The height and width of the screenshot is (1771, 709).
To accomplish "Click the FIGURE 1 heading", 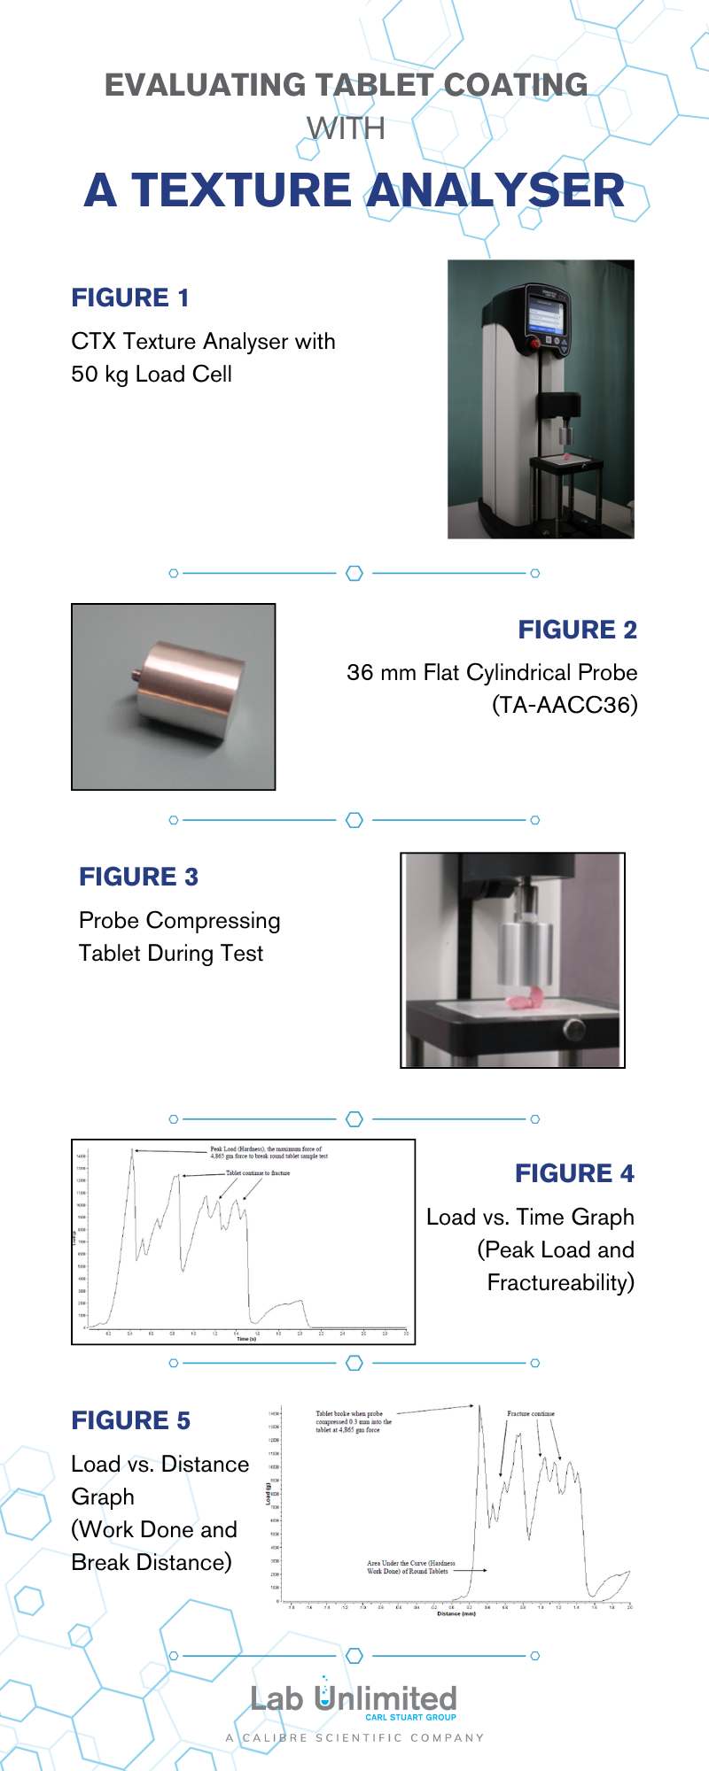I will coord(130,298).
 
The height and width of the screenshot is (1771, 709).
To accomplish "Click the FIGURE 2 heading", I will coord(577,630).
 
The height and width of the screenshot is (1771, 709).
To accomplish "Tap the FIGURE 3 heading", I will coord(138,877).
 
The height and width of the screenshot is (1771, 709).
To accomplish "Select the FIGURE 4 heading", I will coord(574,1173).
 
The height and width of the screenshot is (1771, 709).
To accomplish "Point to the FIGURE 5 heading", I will coord(130,1420).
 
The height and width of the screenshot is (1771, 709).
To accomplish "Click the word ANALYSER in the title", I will coord(496,190).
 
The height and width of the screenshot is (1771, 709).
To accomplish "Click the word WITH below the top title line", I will coord(346,129).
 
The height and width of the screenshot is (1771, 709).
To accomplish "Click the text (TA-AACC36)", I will coord(565,705).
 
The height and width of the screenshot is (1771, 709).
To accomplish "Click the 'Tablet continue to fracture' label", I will coord(258,1172).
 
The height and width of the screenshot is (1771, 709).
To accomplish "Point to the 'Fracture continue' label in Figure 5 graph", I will coord(531,1414).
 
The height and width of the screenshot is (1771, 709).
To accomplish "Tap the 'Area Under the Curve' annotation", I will coord(411,1566).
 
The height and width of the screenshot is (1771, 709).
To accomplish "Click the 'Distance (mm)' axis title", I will coord(456,1613).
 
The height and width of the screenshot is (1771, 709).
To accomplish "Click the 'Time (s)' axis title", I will coord(246,1339).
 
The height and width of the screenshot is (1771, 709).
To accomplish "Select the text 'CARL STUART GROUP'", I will coord(410,1717).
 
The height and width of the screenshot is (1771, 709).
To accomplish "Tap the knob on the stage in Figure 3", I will coord(574,1029).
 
